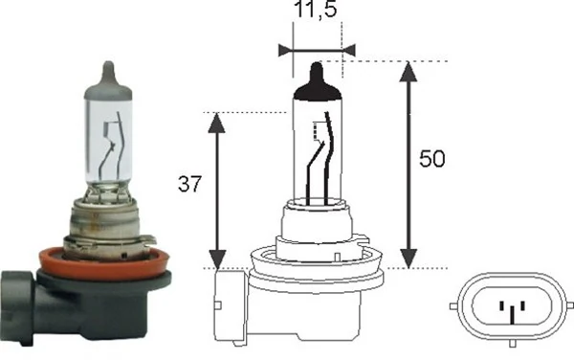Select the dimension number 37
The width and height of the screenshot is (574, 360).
coord(190,185)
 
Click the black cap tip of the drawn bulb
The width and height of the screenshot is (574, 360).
coord(316,82)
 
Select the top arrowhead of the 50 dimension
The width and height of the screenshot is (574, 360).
coord(410,71)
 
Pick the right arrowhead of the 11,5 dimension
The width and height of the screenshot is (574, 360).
coord(348,48)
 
